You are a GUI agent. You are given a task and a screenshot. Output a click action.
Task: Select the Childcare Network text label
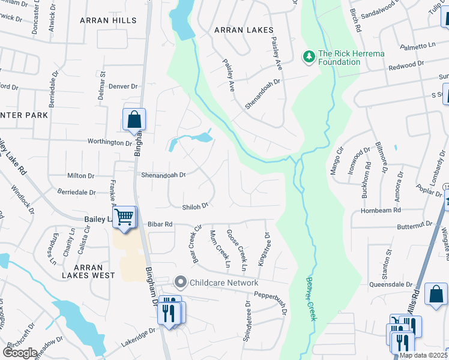click(224, 283)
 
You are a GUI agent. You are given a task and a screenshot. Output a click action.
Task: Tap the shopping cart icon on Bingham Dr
click(124, 217)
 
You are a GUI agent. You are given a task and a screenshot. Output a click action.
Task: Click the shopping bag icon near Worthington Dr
click(134, 119)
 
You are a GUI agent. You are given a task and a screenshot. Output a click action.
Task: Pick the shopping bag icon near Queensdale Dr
click(436, 294)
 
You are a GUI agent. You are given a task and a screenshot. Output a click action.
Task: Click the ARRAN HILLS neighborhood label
click(107, 20)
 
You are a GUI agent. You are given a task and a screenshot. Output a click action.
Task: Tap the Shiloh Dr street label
click(195, 205)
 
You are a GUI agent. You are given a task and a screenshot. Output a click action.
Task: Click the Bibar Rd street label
click(160, 224)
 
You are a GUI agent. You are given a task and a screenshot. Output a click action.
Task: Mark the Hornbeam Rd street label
click(381, 211)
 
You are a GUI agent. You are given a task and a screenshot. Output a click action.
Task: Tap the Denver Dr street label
click(124, 86)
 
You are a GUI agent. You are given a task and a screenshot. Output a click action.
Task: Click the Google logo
click(20, 353)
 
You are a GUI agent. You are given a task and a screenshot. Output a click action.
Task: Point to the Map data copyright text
click(423, 355)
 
